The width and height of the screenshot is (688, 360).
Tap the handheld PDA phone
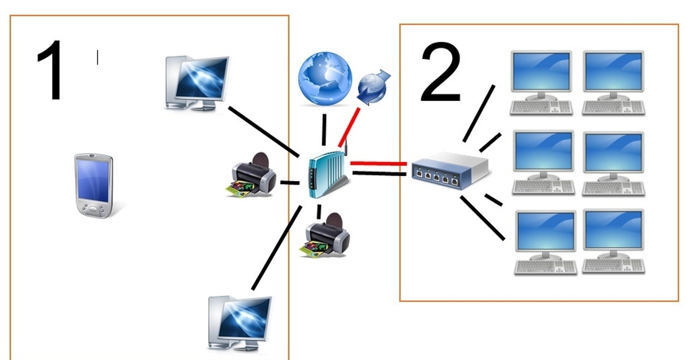[x=93, y=185]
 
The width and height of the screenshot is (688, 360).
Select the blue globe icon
[x=325, y=79]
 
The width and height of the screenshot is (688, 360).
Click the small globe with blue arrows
[x=373, y=87]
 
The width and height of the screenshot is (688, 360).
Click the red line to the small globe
[x=349, y=127]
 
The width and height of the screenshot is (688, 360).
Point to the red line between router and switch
[x=378, y=164]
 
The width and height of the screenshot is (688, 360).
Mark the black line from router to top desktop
[x=264, y=132]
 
